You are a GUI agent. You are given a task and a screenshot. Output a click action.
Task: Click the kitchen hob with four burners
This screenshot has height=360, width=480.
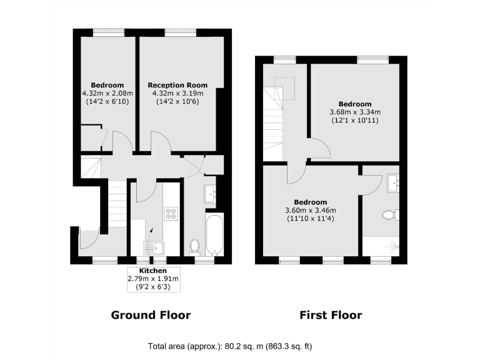170,214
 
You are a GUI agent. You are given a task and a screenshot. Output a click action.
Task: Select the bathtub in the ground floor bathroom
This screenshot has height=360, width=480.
214,234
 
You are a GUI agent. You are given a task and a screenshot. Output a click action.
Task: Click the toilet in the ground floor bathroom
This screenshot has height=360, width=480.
194,247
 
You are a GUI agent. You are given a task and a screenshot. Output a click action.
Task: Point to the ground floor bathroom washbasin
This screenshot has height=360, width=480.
209,194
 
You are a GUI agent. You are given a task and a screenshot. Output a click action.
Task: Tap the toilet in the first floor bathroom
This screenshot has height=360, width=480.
390,216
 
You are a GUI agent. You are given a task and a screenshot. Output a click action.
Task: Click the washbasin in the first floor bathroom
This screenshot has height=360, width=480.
394,183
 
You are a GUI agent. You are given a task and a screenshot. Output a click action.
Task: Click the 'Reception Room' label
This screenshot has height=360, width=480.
177,85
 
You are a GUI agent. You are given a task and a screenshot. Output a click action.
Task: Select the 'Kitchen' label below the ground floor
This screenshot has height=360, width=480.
152,270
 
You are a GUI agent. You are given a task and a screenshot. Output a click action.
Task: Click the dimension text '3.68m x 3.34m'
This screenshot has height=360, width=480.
355,112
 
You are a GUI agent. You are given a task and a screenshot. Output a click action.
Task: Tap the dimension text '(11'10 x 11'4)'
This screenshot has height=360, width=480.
311,219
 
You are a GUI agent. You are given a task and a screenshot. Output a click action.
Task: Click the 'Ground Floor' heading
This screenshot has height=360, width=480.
151,315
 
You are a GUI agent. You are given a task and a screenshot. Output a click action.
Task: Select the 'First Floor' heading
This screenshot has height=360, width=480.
330,315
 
